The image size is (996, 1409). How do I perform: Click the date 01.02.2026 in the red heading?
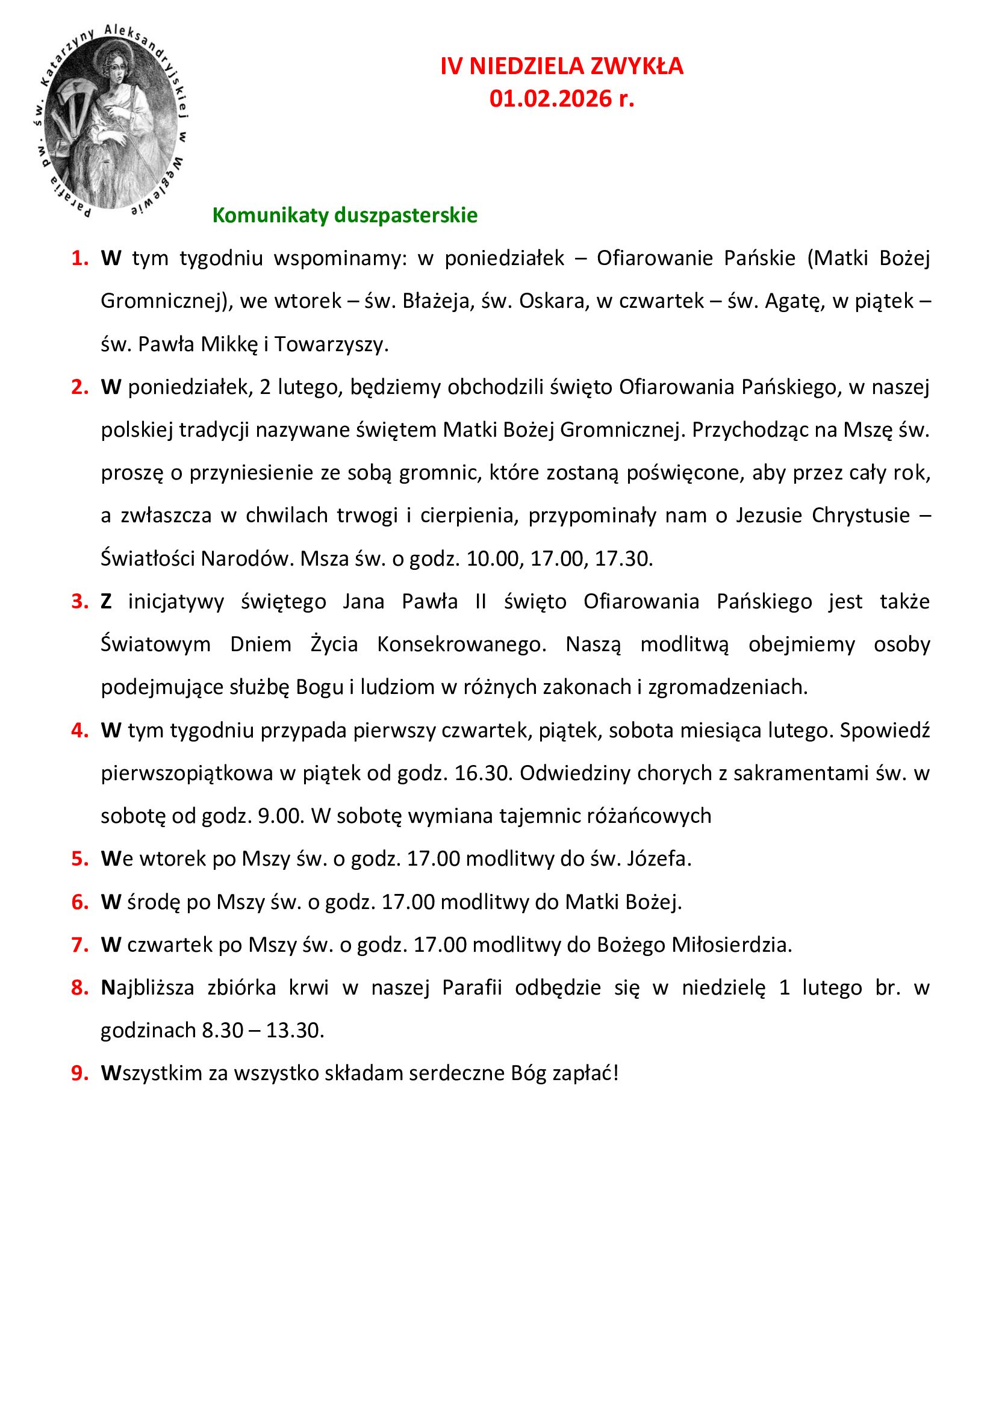(550, 99)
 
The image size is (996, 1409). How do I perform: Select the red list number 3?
(79, 601)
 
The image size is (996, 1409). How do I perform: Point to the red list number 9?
(79, 1073)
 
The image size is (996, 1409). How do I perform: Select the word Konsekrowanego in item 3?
(461, 645)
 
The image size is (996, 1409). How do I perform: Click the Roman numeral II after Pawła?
(480, 601)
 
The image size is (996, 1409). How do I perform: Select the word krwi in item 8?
(308, 987)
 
